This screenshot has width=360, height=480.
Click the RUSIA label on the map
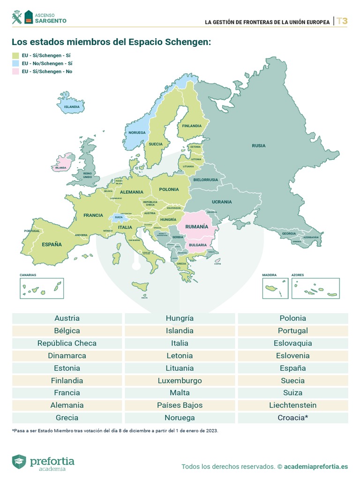(258, 146)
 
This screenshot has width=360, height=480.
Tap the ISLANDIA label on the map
(72, 107)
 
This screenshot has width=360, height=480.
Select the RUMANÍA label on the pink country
(197, 226)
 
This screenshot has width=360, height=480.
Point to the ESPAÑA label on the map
(52, 244)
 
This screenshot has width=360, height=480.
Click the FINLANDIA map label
(192, 126)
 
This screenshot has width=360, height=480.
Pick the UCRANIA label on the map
(222, 202)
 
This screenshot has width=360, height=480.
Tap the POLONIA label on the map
(169, 189)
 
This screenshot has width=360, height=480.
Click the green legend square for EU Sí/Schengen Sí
(15, 55)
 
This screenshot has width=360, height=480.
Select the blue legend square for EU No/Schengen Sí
(15, 63)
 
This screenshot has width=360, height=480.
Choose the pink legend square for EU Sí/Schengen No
(15, 72)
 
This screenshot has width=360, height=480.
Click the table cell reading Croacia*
(293, 418)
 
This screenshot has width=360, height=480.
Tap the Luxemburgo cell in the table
(180, 381)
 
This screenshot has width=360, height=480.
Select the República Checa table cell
(67, 343)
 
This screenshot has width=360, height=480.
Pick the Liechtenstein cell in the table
(293, 405)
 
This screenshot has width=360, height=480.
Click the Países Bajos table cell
(180, 405)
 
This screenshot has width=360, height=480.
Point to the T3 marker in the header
(342, 21)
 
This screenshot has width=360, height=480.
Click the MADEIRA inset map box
(275, 288)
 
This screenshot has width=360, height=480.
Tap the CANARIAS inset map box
(42, 288)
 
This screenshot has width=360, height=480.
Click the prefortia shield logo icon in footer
(19, 462)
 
